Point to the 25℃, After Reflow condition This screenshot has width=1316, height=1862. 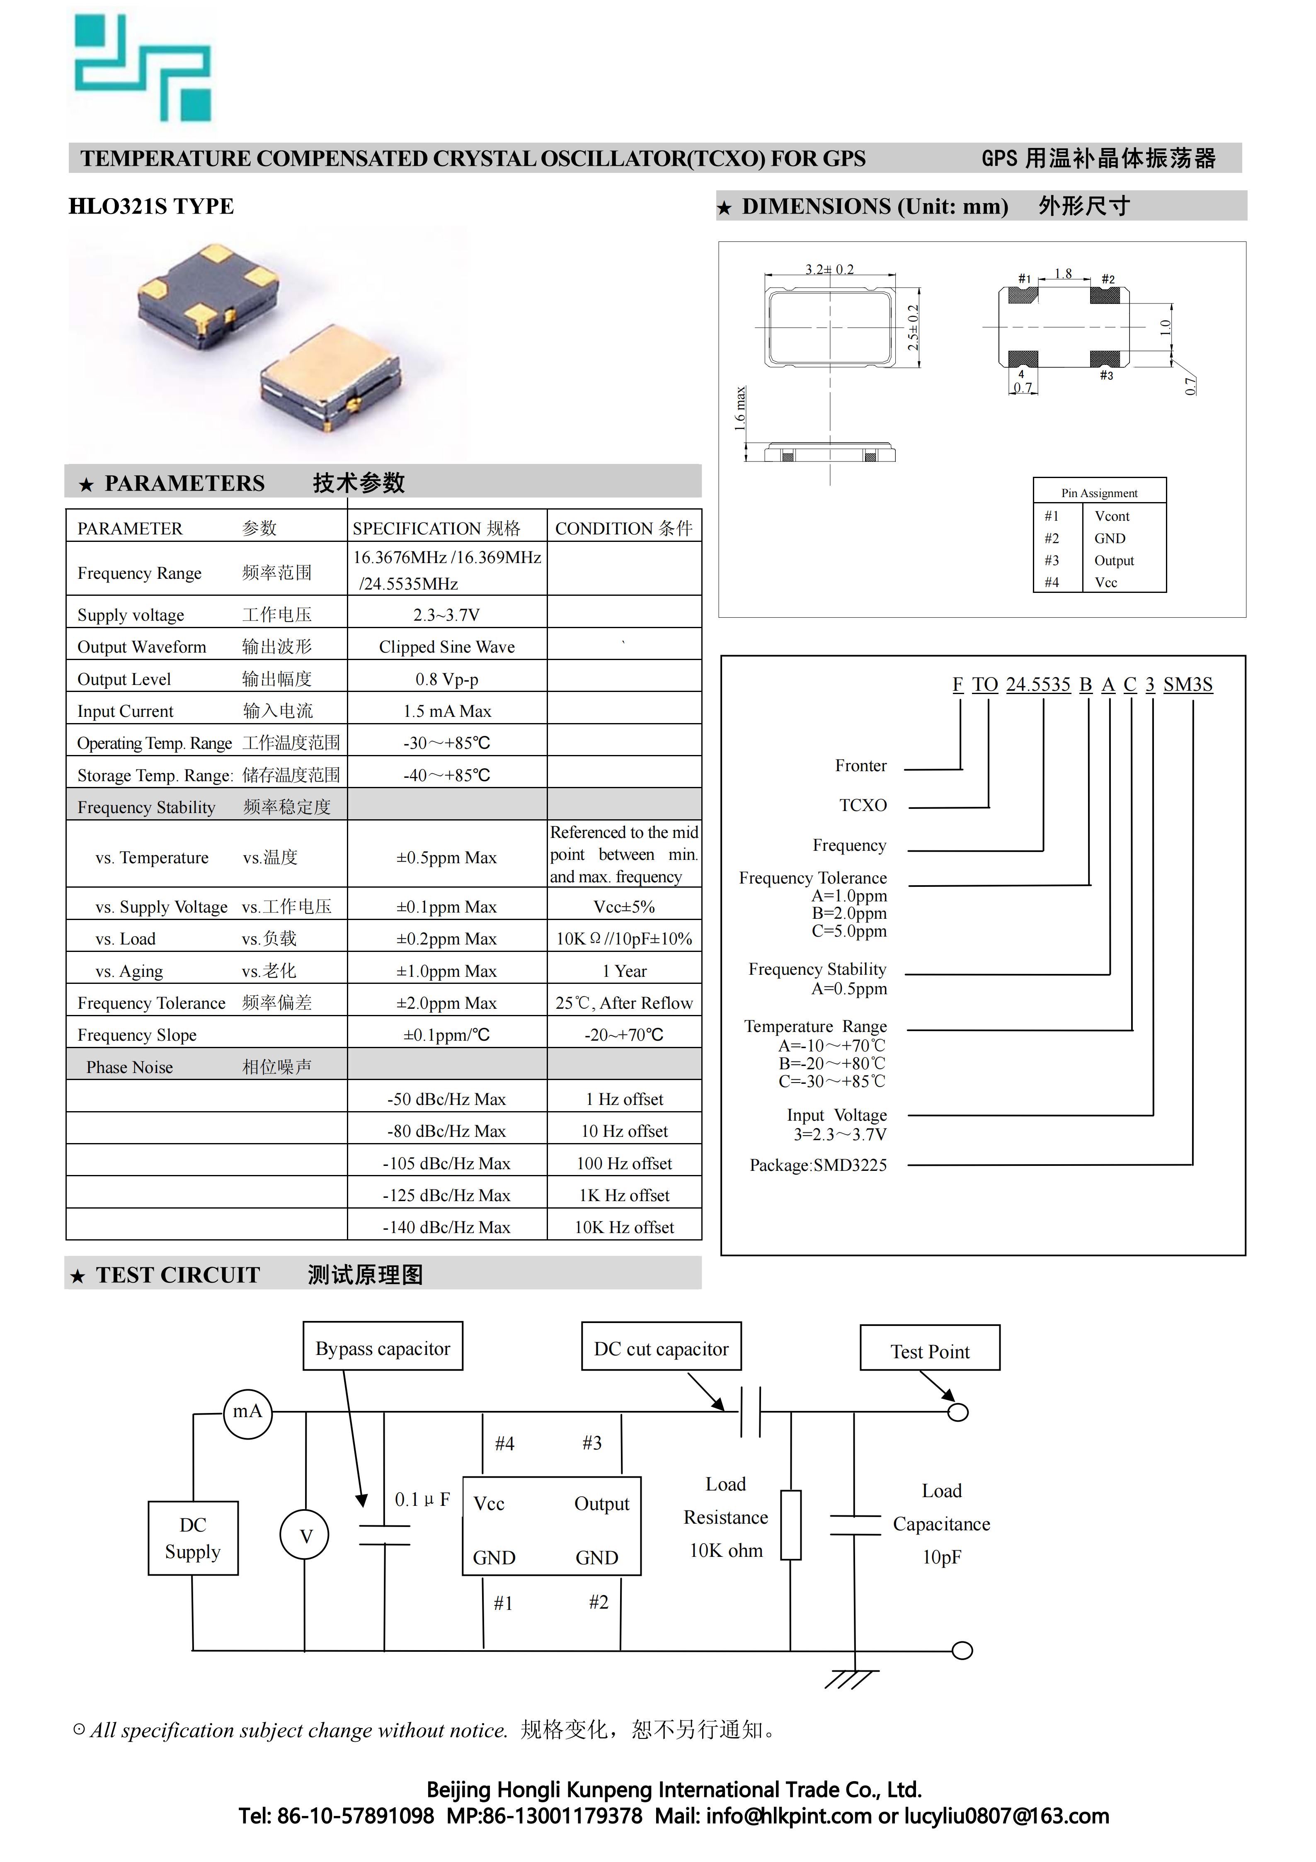(x=623, y=1003)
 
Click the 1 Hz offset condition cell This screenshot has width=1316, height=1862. (x=623, y=1099)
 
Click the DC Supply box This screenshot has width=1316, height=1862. (x=193, y=1539)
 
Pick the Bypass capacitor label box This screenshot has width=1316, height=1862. (x=383, y=1349)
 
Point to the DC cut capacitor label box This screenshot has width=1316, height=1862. (x=661, y=1349)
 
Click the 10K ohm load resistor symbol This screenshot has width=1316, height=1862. (x=790, y=1525)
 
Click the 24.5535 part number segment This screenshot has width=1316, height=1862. (x=1038, y=685)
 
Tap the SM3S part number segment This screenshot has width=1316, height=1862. (x=1188, y=685)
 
